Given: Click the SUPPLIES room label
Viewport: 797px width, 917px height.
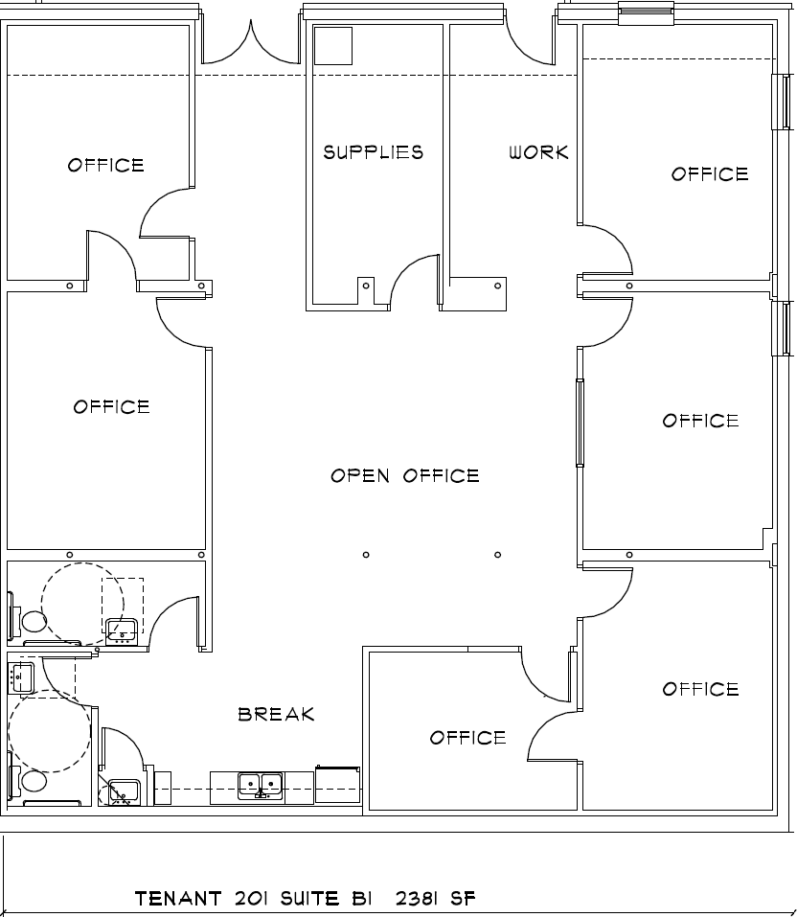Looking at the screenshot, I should point(373,152).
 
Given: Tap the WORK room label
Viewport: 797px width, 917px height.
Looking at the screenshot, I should point(538,152).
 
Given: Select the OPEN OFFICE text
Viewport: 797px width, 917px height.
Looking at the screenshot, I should point(404,475).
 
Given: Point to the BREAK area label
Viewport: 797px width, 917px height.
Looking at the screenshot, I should point(276,714).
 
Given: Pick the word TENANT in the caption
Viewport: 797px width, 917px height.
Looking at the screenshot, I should point(180,899).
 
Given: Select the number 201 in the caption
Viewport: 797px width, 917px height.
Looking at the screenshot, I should point(253,899).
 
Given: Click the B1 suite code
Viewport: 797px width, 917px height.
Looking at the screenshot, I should point(361,899).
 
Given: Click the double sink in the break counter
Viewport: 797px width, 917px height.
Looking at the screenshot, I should point(261,786).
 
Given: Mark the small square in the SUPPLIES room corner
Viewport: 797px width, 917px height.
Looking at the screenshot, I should point(333,45).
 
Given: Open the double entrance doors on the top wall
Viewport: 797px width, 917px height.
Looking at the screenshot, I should point(250,43).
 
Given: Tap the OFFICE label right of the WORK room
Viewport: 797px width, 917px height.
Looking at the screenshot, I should point(709,173).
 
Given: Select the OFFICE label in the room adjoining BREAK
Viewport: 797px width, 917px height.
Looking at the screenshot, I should point(467,737).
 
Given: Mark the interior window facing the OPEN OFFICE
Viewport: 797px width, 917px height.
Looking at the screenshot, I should point(580,423).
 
